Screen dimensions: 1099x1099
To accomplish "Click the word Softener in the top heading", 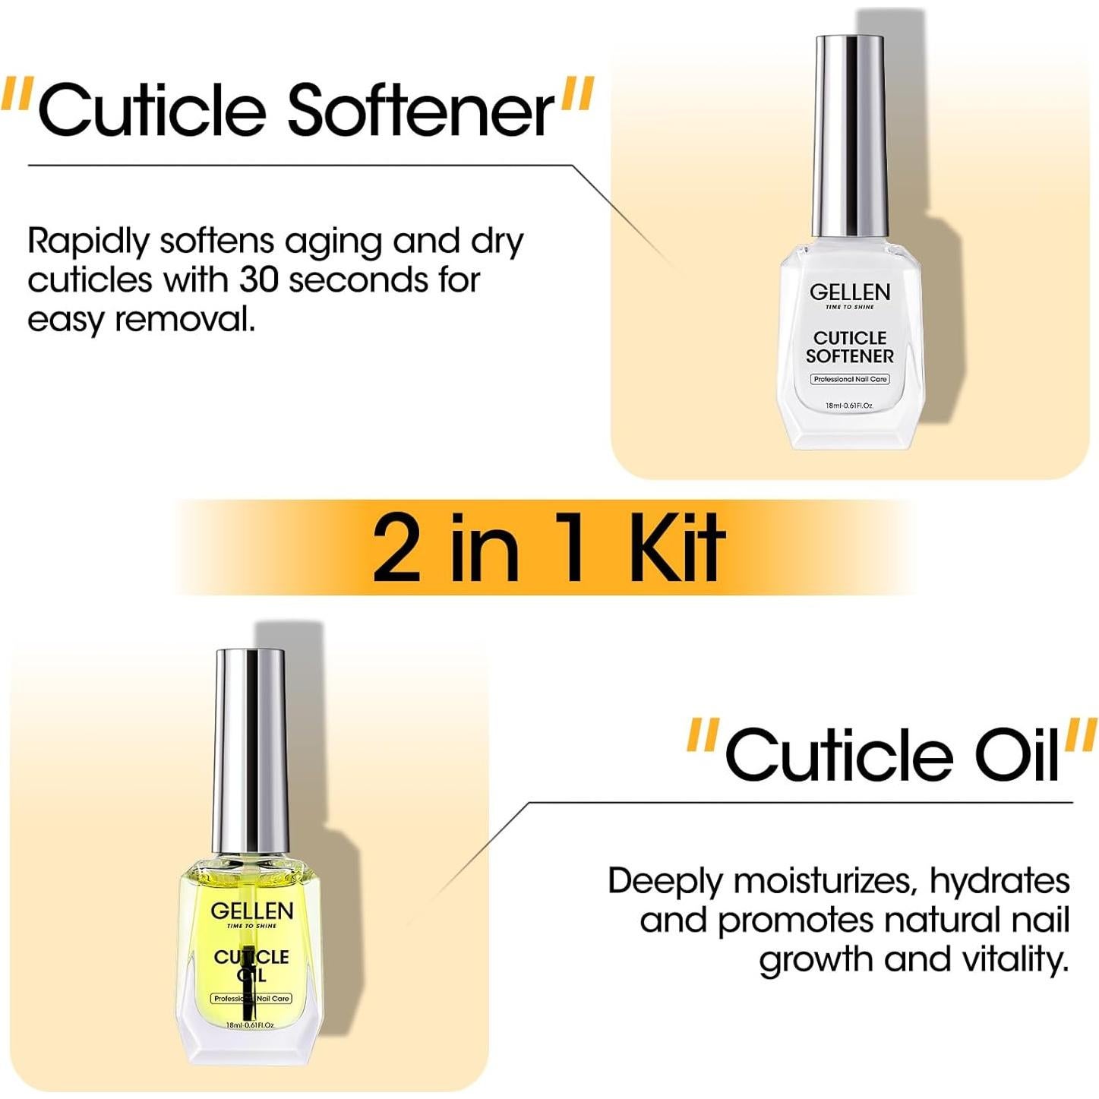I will pyautogui.click(x=422, y=111).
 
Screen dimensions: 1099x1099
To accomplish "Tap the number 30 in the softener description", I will pyautogui.click(x=260, y=280).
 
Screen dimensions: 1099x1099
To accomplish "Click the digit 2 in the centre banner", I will pyautogui.click(x=396, y=547).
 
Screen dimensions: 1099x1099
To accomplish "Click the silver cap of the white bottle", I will pyautogui.click(x=849, y=137).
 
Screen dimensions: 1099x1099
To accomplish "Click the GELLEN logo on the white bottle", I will pyautogui.click(x=849, y=292).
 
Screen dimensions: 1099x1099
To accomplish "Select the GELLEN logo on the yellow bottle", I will pyautogui.click(x=251, y=911).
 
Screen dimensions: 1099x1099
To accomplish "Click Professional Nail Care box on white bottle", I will pyautogui.click(x=849, y=379).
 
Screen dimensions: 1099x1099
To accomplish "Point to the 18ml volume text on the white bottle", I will pyautogui.click(x=849, y=406).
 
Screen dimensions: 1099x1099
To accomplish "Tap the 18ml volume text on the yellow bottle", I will pyautogui.click(x=250, y=1025).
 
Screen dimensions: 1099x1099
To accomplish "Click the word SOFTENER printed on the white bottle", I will pyautogui.click(x=849, y=356).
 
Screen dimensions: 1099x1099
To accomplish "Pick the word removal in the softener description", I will pyautogui.click(x=185, y=320).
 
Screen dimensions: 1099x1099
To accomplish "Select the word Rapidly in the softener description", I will pyautogui.click(x=88, y=242).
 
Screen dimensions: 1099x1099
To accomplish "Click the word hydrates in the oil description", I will pyautogui.click(x=999, y=881).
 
